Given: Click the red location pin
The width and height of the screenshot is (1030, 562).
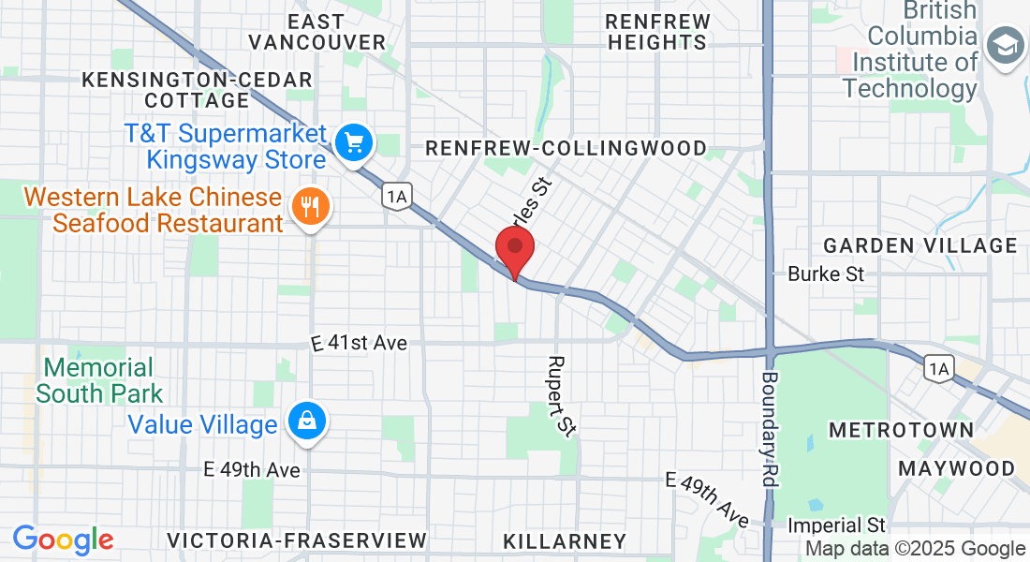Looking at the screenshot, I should click(514, 251).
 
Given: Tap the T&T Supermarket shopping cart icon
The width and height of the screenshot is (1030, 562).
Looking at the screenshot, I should click(354, 143).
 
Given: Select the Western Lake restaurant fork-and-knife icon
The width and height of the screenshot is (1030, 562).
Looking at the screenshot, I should click(310, 205).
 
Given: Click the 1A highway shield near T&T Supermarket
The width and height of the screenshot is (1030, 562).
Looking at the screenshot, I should click(397, 196).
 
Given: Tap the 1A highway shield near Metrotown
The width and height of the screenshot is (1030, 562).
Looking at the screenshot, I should click(937, 368).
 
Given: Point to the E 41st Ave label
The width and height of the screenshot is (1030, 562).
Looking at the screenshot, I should click(360, 344).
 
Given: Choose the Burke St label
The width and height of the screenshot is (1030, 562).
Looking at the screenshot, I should click(826, 274).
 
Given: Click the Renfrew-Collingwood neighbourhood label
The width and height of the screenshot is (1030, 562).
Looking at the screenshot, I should click(566, 148).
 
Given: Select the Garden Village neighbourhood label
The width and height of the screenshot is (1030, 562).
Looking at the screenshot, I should click(920, 245).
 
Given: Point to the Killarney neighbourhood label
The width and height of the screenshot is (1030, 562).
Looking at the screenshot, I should click(564, 541).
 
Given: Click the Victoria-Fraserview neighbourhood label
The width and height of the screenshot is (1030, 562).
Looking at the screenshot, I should click(297, 540).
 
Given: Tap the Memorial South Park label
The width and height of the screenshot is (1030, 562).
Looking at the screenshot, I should click(99, 380).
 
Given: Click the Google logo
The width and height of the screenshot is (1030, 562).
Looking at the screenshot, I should click(63, 539).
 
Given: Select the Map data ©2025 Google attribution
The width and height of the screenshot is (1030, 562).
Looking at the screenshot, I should click(916, 549).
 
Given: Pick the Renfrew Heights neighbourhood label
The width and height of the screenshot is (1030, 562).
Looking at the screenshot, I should click(656, 31).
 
